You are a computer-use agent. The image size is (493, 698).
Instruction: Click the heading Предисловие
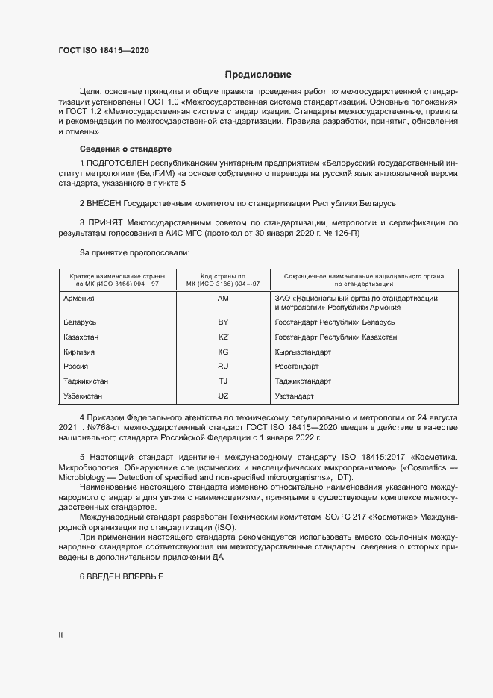pos(258,75)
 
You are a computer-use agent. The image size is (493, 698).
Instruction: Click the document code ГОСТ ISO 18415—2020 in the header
pos(104,50)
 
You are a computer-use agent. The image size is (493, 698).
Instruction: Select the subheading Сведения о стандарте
pos(125,149)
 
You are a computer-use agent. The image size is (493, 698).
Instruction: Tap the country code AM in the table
pos(222,299)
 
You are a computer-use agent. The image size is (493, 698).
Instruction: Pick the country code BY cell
pos(222,322)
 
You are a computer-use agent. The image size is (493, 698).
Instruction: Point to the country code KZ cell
pos(222,337)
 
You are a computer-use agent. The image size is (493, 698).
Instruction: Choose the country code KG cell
pos(222,352)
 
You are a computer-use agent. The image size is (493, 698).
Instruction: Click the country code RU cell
pos(222,367)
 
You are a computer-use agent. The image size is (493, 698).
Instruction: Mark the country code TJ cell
pos(222,381)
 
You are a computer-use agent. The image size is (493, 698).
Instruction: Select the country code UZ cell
pos(222,396)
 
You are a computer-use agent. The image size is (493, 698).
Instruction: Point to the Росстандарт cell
pos(297,367)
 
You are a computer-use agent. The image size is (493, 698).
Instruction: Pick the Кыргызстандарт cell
pos(303,352)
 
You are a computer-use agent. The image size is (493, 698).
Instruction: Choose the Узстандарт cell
pos(295,396)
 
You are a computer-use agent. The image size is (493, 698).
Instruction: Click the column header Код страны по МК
pos(222,280)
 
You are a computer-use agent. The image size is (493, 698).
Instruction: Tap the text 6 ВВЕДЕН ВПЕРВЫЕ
pos(121,576)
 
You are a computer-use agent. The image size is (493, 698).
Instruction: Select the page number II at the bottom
pos(60,635)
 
